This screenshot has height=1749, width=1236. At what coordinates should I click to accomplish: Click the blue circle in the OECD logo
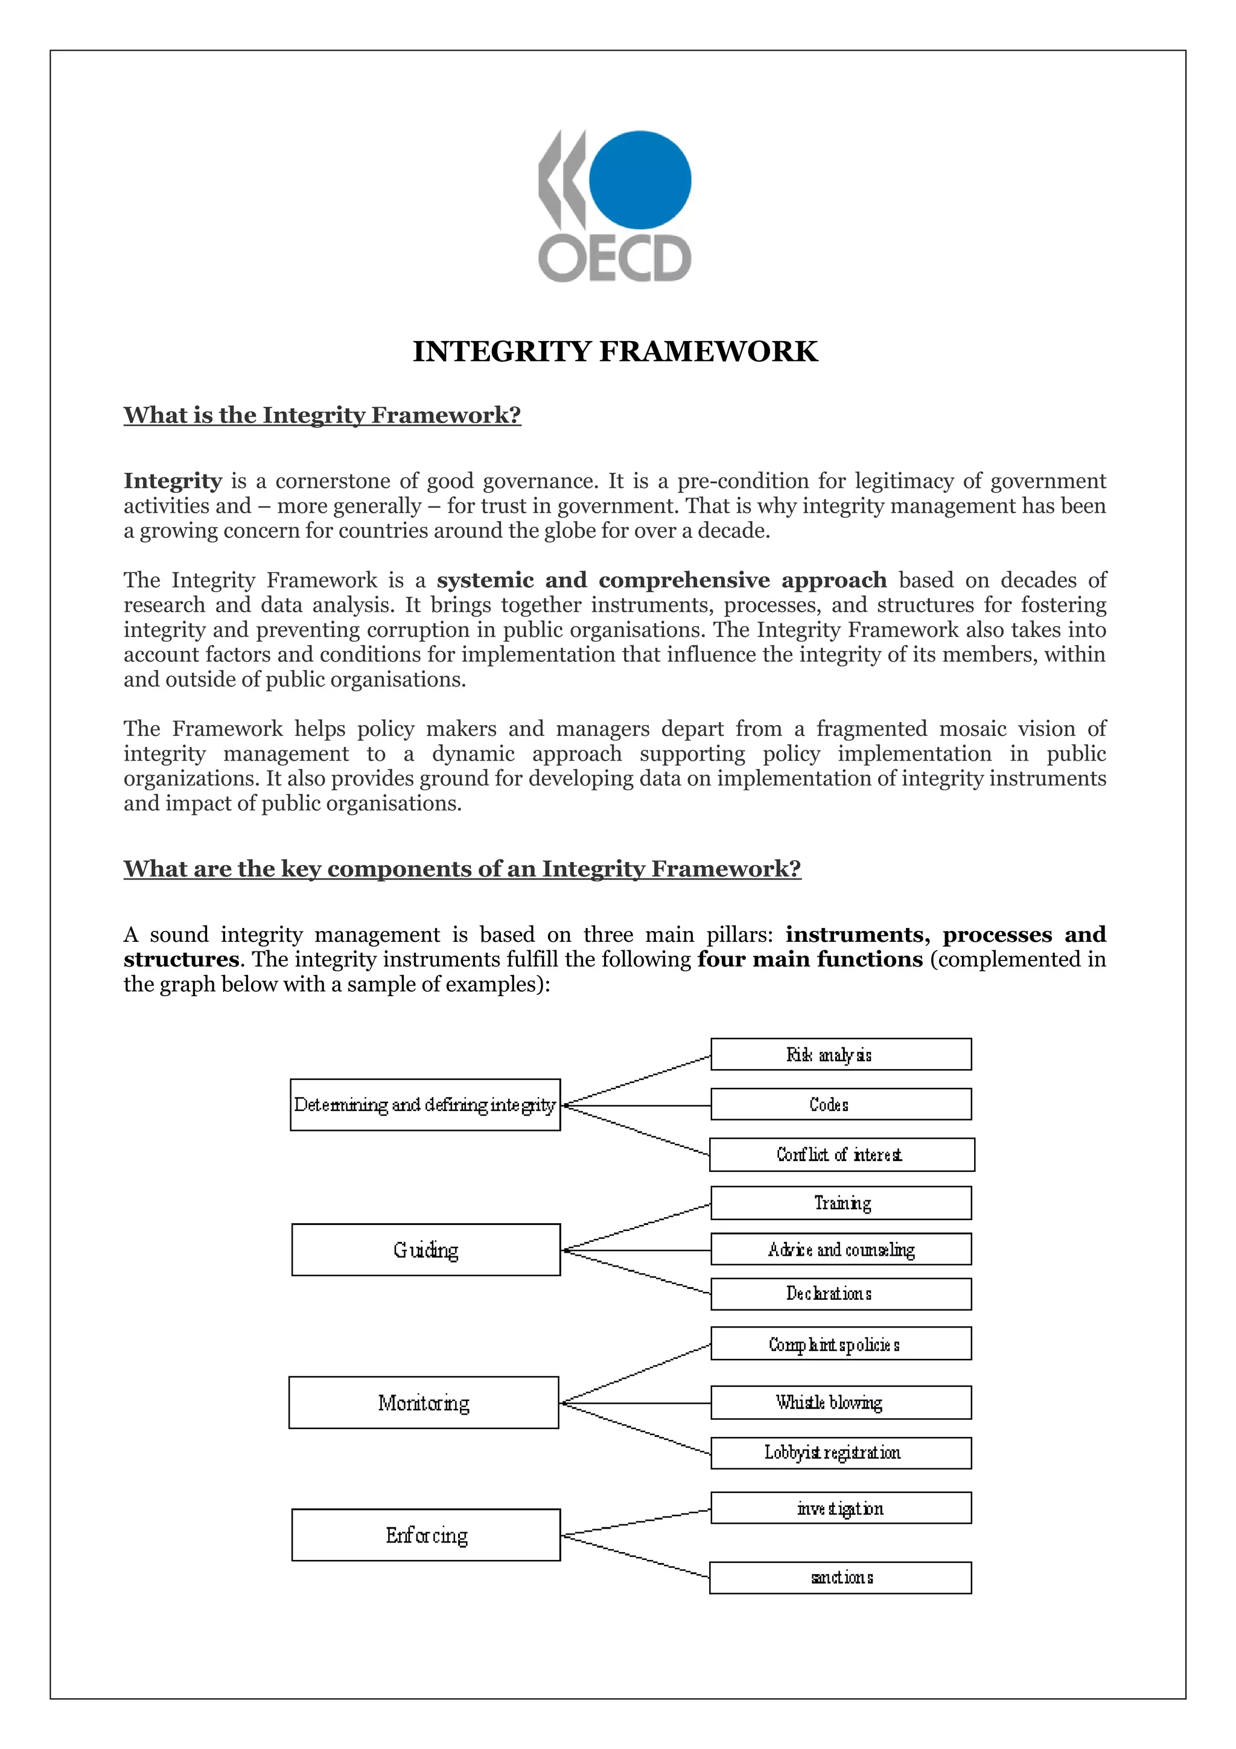pyautogui.click(x=640, y=180)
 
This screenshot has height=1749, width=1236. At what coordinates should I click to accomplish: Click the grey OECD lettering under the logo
pyautogui.click(x=614, y=259)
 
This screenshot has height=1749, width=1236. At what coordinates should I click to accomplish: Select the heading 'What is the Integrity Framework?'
pyautogui.click(x=322, y=415)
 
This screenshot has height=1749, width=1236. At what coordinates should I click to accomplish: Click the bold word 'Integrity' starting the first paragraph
pyautogui.click(x=173, y=481)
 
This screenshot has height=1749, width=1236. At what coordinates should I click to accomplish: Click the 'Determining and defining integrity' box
pyautogui.click(x=425, y=1105)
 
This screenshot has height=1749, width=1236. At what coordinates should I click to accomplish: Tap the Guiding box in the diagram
pyautogui.click(x=425, y=1250)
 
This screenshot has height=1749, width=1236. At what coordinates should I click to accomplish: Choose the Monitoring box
pyautogui.click(x=424, y=1402)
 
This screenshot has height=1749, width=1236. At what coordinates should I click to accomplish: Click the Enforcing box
pyautogui.click(x=425, y=1535)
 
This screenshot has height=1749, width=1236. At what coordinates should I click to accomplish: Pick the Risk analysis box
pyautogui.click(x=841, y=1054)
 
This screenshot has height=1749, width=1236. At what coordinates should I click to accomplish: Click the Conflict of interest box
pyautogui.click(x=841, y=1155)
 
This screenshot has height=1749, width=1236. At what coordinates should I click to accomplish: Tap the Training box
pyautogui.click(x=841, y=1203)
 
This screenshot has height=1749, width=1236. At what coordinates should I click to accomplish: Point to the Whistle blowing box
pyautogui.click(x=841, y=1402)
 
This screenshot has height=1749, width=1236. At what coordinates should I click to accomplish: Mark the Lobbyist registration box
pyautogui.click(x=841, y=1453)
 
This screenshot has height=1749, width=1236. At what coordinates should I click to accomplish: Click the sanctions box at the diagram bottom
pyautogui.click(x=841, y=1578)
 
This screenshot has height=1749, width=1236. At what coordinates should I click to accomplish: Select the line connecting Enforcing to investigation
pyautogui.click(x=636, y=1522)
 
